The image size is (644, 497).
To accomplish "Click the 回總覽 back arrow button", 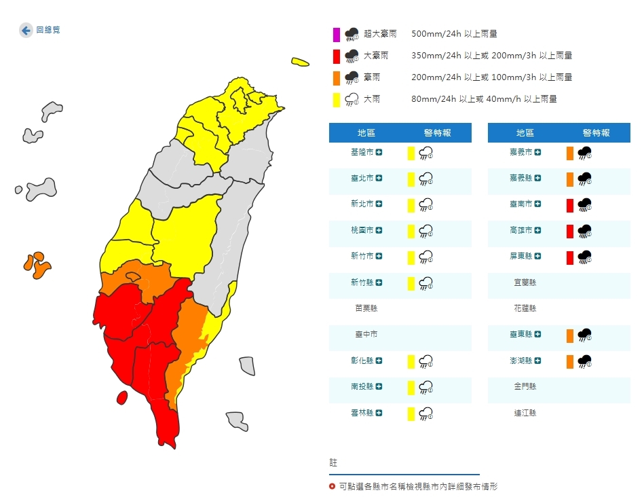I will coord(26,30).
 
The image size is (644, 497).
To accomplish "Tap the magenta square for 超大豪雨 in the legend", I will coord(336,34).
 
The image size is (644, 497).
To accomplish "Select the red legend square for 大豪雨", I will coord(336,56).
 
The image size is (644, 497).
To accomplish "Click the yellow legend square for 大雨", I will coord(336,99).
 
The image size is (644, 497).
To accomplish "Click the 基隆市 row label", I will coord(364,152).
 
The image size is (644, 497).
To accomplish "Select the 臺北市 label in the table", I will coord(364,178).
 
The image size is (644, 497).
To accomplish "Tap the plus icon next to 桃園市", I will coord(379,230).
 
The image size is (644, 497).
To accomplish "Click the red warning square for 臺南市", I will coord(570,204).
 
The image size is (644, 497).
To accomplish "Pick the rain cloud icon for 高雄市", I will coord(584,231).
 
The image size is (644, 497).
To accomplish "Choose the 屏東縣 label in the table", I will coord(521,257).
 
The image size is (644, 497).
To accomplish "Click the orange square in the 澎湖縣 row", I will coord(570,361).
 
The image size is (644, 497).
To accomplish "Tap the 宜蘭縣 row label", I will coord(523,282).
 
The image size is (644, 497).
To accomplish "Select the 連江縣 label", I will coord(523,412).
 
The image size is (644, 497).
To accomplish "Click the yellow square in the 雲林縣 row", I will coord(411,413).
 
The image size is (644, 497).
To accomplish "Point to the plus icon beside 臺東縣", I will coord(538,334).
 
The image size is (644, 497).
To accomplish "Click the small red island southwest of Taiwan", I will coord(122,397).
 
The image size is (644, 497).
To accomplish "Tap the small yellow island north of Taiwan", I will coord(300,62).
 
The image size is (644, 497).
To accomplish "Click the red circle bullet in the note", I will coord(332,486).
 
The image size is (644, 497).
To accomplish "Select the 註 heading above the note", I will coord(333,462).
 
